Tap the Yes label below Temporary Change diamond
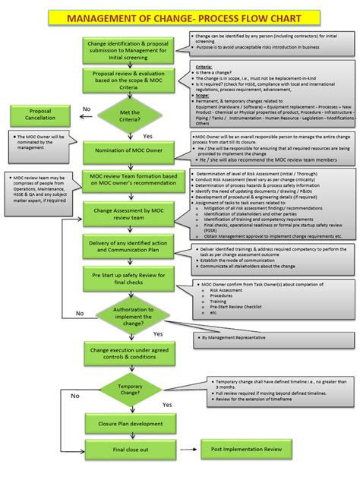click(166, 405)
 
